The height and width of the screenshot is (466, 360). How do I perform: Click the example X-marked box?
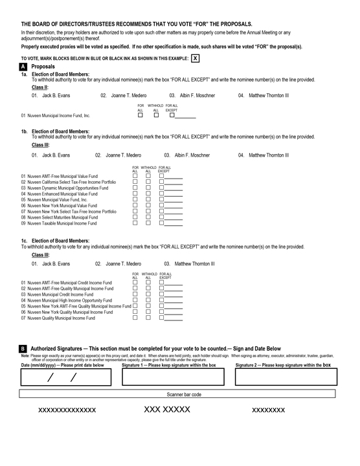click(195, 58)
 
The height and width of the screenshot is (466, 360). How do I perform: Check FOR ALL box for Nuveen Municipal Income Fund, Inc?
click(141, 115)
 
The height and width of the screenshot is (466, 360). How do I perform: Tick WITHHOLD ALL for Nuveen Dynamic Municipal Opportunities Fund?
click(148, 188)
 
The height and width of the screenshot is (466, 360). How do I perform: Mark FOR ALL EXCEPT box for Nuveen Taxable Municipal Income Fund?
click(161, 223)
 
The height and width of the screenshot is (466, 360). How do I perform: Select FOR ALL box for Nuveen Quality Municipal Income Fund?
click(135, 317)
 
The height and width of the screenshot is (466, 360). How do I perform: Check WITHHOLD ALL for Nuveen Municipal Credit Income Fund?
click(148, 294)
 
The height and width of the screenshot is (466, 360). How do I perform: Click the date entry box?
click(66, 377)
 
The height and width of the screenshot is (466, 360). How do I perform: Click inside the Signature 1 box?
click(173, 377)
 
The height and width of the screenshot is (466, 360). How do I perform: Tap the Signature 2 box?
click(286, 377)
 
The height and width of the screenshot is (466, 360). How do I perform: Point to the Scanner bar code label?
click(184, 394)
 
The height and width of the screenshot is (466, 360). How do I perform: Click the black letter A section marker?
click(23, 67)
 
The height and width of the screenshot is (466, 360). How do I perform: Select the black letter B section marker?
click(23, 349)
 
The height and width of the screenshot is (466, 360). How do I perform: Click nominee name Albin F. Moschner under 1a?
click(197, 95)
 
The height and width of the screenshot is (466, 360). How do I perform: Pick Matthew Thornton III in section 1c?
click(194, 263)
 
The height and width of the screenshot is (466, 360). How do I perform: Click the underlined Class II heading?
click(40, 87)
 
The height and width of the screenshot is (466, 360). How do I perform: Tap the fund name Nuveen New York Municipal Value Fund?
click(62, 206)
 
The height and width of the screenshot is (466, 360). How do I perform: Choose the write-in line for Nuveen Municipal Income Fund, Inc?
click(185, 118)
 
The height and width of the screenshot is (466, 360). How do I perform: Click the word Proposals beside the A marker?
click(43, 67)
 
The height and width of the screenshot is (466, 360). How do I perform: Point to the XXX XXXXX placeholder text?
click(167, 410)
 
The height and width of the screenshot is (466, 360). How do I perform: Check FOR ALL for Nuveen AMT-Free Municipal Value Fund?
click(135, 175)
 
